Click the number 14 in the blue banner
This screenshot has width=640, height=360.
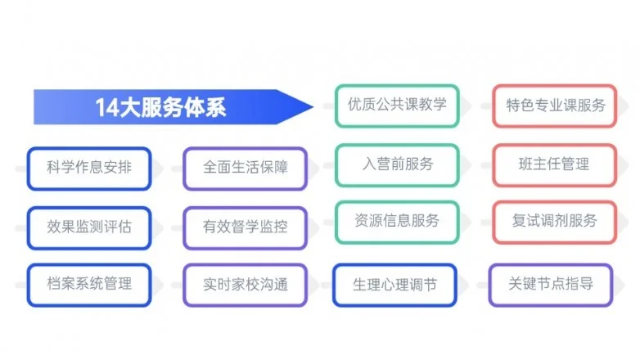(x=107, y=108)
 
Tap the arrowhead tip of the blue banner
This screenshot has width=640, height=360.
(x=313, y=107)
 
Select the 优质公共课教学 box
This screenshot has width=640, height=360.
(x=397, y=106)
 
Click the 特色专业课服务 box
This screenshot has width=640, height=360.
(x=555, y=106)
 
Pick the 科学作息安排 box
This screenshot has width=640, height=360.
(x=89, y=169)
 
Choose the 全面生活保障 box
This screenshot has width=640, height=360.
(x=246, y=169)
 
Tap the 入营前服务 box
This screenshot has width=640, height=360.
(x=397, y=165)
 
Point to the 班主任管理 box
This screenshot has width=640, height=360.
(x=555, y=165)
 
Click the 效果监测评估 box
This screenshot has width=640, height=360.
(x=89, y=227)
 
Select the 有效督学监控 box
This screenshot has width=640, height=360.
(x=246, y=227)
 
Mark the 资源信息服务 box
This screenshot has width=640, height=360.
(x=397, y=223)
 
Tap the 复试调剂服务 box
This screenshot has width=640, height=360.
(x=555, y=223)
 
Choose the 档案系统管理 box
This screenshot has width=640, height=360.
(x=89, y=285)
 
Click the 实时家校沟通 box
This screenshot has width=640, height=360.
(x=246, y=285)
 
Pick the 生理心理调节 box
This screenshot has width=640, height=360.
(x=394, y=285)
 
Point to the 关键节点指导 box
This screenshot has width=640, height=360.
(x=551, y=285)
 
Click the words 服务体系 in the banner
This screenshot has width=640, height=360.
(x=183, y=108)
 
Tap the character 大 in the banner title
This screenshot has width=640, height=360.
(x=130, y=108)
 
